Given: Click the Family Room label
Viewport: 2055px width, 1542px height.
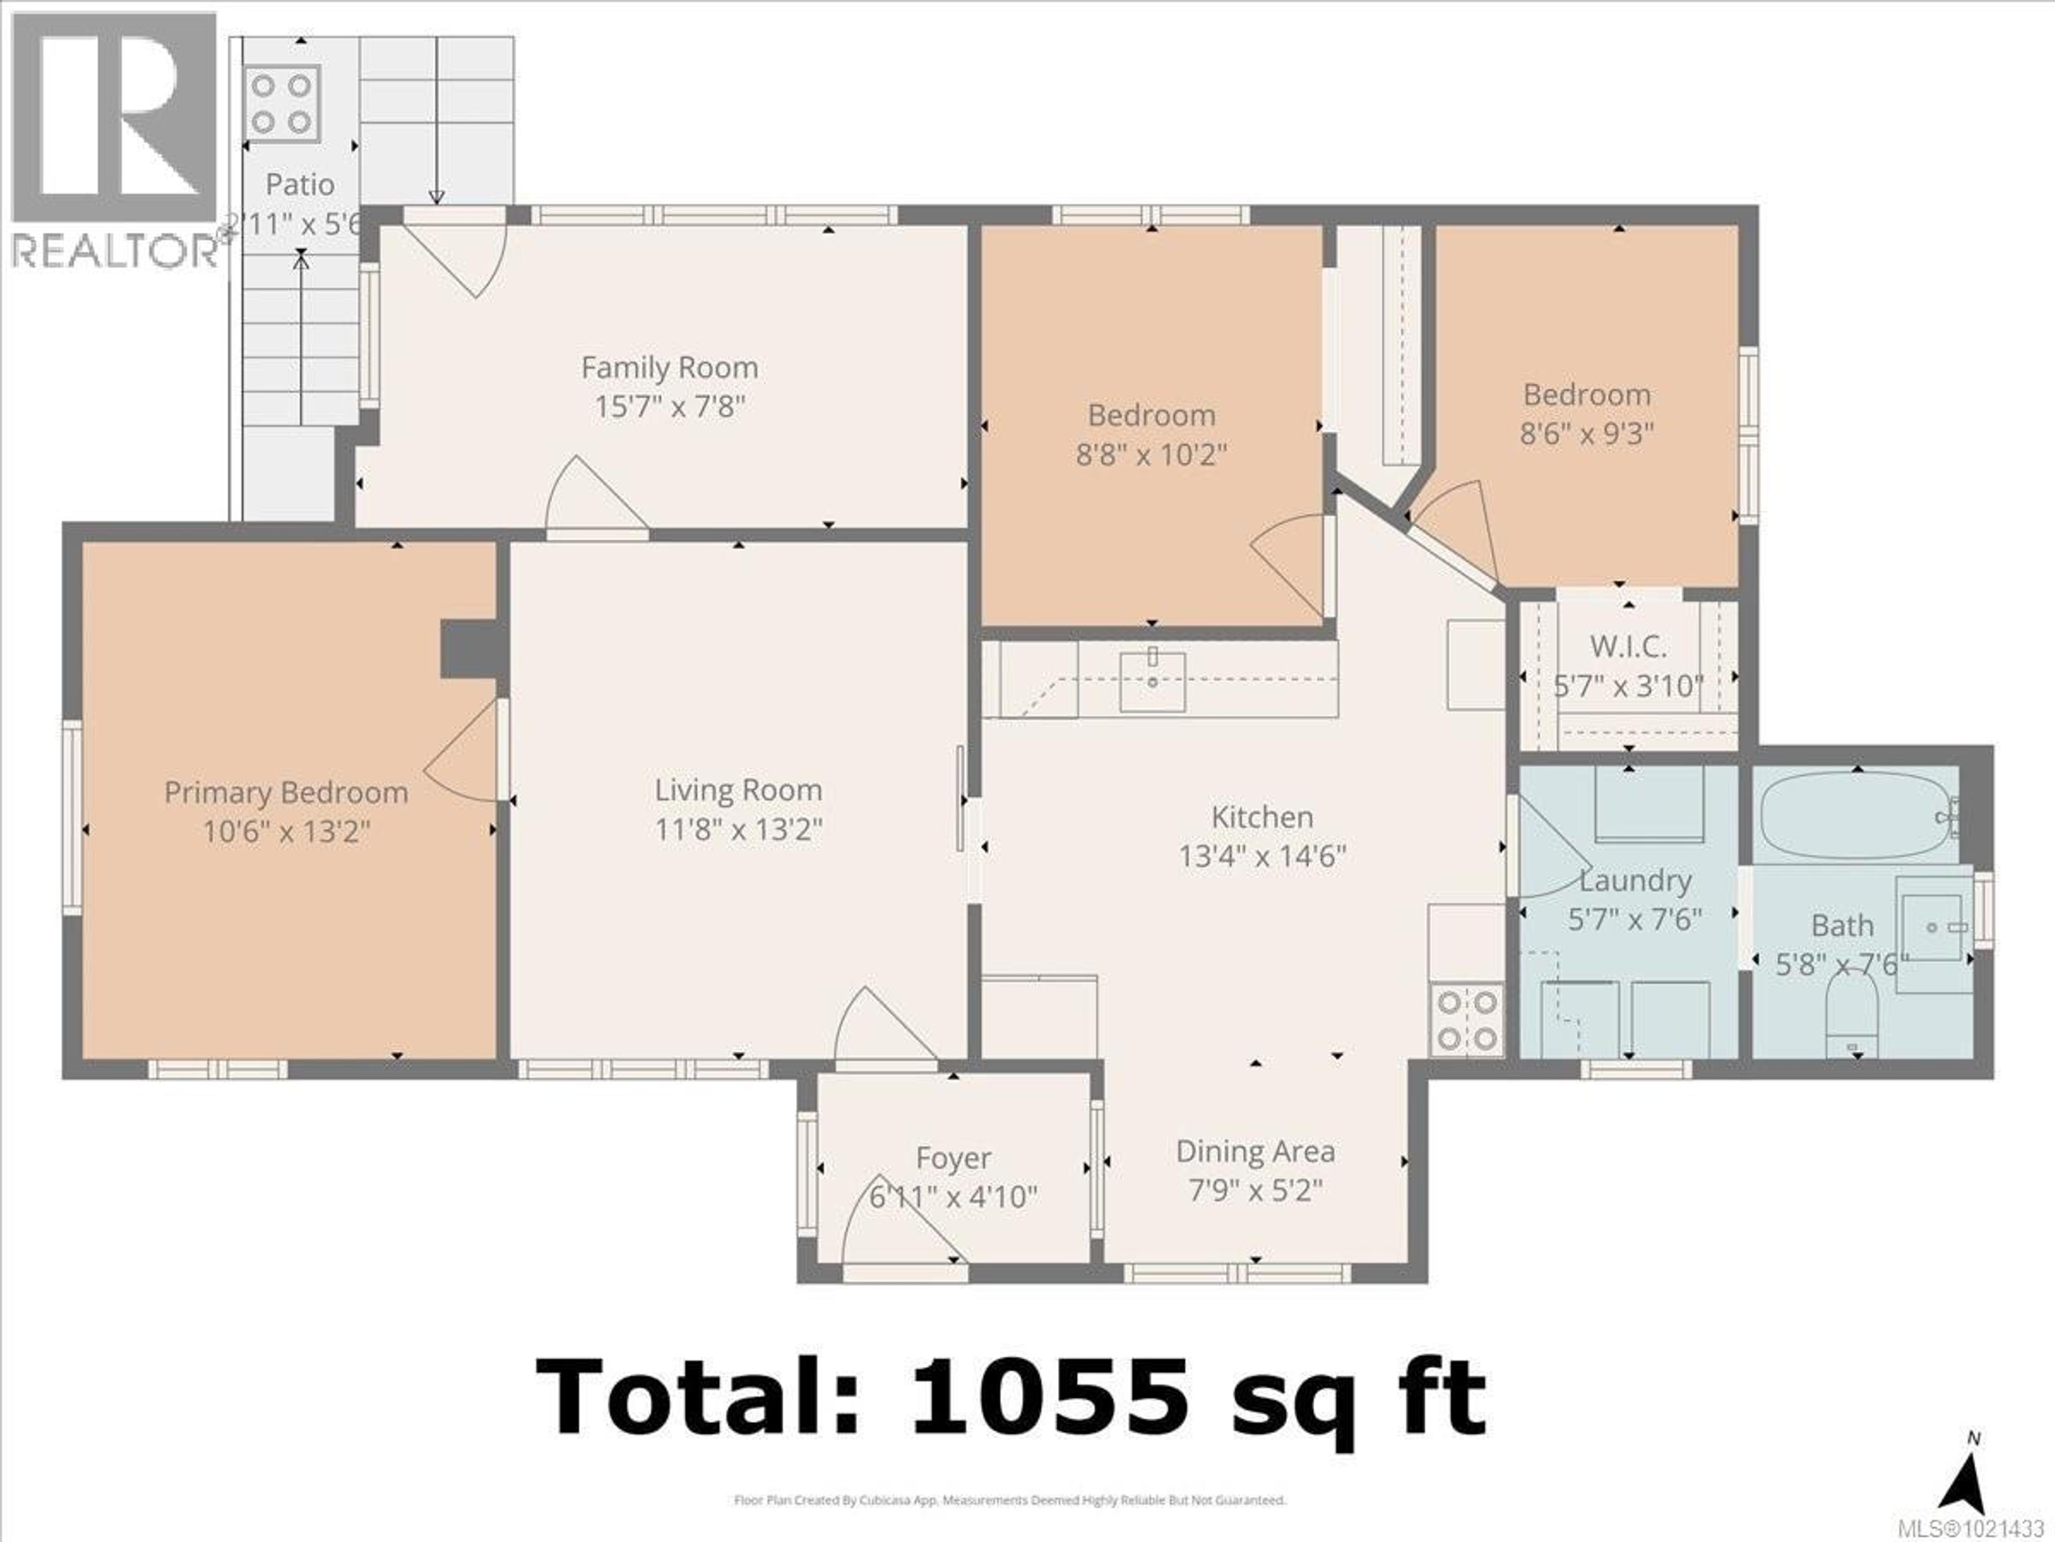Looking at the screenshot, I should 669,368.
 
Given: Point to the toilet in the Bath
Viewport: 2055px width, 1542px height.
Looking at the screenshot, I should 1852,1013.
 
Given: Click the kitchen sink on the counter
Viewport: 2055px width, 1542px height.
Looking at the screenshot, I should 1152,681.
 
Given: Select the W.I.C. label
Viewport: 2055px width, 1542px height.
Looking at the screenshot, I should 1627,646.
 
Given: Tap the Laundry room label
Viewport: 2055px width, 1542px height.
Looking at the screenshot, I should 1635,880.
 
